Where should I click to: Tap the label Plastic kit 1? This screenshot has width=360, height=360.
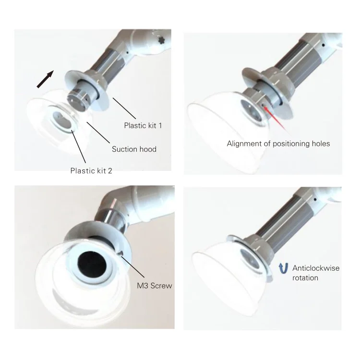(143, 126)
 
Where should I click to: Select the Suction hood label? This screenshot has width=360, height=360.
(134, 149)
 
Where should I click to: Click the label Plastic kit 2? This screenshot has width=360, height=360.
(91, 170)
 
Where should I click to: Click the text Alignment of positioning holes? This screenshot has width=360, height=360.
(278, 144)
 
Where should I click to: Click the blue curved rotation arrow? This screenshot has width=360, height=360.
(283, 267)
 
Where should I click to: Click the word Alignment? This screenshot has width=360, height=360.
(245, 144)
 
